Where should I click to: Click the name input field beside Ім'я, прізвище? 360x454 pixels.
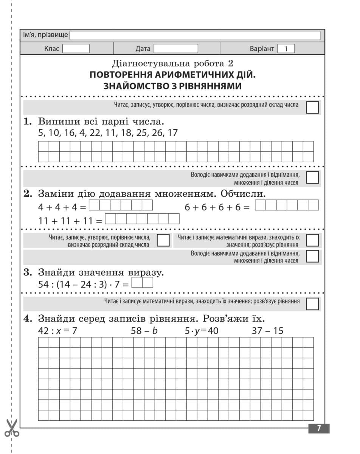tap(195, 35)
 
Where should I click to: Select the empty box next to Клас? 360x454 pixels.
tap(76, 48)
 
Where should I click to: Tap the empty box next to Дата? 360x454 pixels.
tap(176, 48)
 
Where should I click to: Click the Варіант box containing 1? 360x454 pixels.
tap(286, 48)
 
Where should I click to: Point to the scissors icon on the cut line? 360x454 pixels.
tap(12, 428)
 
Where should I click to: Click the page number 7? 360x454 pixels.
tap(319, 428)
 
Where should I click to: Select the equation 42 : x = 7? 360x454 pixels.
tap(57, 331)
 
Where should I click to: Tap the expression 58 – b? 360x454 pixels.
tap(144, 331)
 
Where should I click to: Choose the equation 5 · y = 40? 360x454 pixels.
tap(202, 331)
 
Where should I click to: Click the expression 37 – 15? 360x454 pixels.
tap(267, 331)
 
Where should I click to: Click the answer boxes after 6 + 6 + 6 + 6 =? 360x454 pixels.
tap(287, 205)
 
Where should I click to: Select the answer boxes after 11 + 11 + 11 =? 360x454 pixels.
tap(142, 219)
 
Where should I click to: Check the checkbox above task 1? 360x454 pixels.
tap(312, 107)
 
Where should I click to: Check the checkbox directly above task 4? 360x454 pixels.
tap(312, 304)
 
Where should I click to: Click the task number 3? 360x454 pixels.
tap(27, 272)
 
